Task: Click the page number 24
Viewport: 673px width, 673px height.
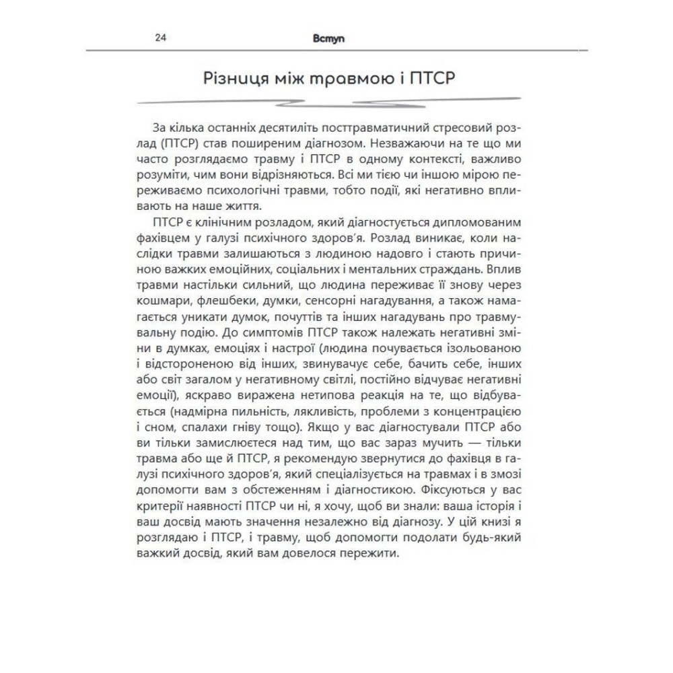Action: [161, 38]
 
